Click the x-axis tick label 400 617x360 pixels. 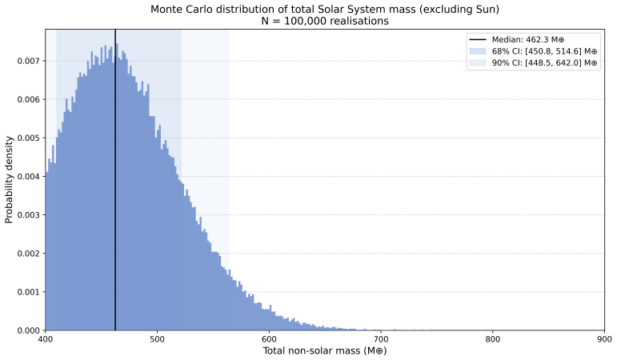45,339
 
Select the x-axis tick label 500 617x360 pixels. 157,339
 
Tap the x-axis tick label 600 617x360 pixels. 269,339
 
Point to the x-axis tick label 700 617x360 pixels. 380,339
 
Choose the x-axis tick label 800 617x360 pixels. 493,339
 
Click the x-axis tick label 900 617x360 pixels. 604,339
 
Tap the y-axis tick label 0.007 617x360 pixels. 28,61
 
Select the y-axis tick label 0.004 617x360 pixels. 28,177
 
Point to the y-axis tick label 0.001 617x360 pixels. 28,292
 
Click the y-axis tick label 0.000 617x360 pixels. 28,330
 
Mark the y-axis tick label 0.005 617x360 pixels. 28,138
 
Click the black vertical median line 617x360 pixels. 115,180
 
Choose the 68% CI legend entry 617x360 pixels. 533,51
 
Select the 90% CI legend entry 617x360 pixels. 533,63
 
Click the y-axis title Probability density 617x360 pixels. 9,180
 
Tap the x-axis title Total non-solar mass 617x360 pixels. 325,350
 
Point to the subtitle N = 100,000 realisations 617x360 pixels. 325,21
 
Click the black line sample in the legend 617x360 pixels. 478,40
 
